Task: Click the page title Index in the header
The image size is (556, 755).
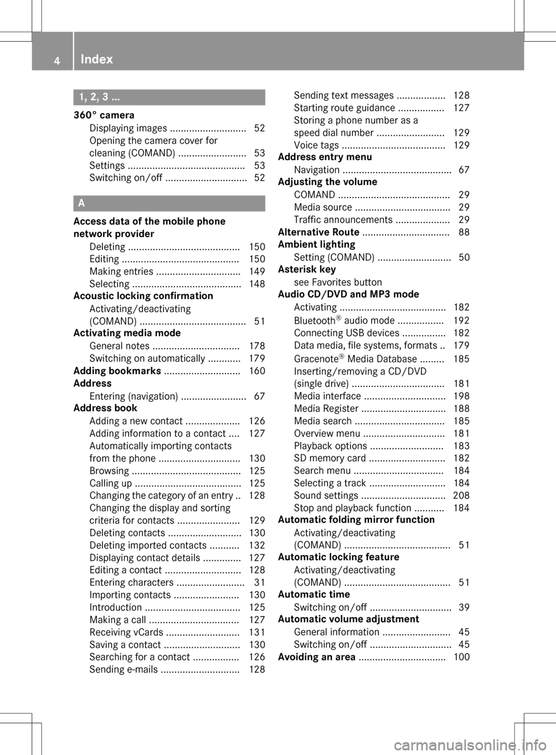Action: [x=97, y=59]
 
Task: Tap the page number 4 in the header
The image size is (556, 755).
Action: [x=57, y=60]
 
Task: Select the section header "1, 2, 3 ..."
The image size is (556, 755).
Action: [x=100, y=97]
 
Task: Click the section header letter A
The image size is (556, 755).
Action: [x=82, y=203]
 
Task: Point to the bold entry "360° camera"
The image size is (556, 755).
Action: [x=104, y=115]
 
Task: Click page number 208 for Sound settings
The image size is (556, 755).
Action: [x=461, y=495]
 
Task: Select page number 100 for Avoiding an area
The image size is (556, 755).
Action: [x=461, y=657]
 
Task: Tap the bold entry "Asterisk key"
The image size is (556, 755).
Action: [x=306, y=269]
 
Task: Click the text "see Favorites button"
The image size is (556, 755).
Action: [x=338, y=282]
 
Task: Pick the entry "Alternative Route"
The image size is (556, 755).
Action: [x=319, y=232]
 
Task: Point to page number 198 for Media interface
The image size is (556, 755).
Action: [x=461, y=396]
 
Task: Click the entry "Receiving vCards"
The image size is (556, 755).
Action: [x=126, y=632]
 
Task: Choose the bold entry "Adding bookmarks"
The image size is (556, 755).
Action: [x=117, y=371]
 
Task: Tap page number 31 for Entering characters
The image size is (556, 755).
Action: [x=259, y=582]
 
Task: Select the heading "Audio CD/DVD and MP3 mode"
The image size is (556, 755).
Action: [x=348, y=294]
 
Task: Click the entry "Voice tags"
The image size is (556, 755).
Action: [x=316, y=145]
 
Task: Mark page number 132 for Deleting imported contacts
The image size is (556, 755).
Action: [x=257, y=545]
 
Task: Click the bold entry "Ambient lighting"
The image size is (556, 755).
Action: [x=316, y=244]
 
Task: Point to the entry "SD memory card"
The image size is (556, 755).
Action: [x=330, y=458]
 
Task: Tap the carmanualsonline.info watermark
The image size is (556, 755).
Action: [x=469, y=745]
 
